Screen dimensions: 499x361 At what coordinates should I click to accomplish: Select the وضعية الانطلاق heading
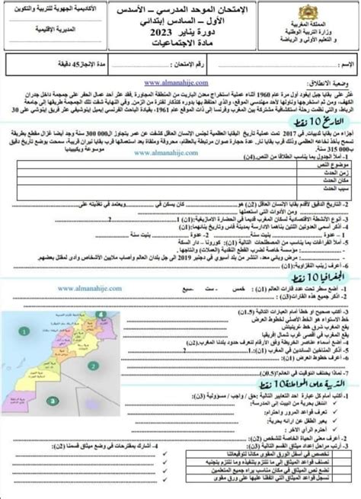(x=331, y=80)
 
